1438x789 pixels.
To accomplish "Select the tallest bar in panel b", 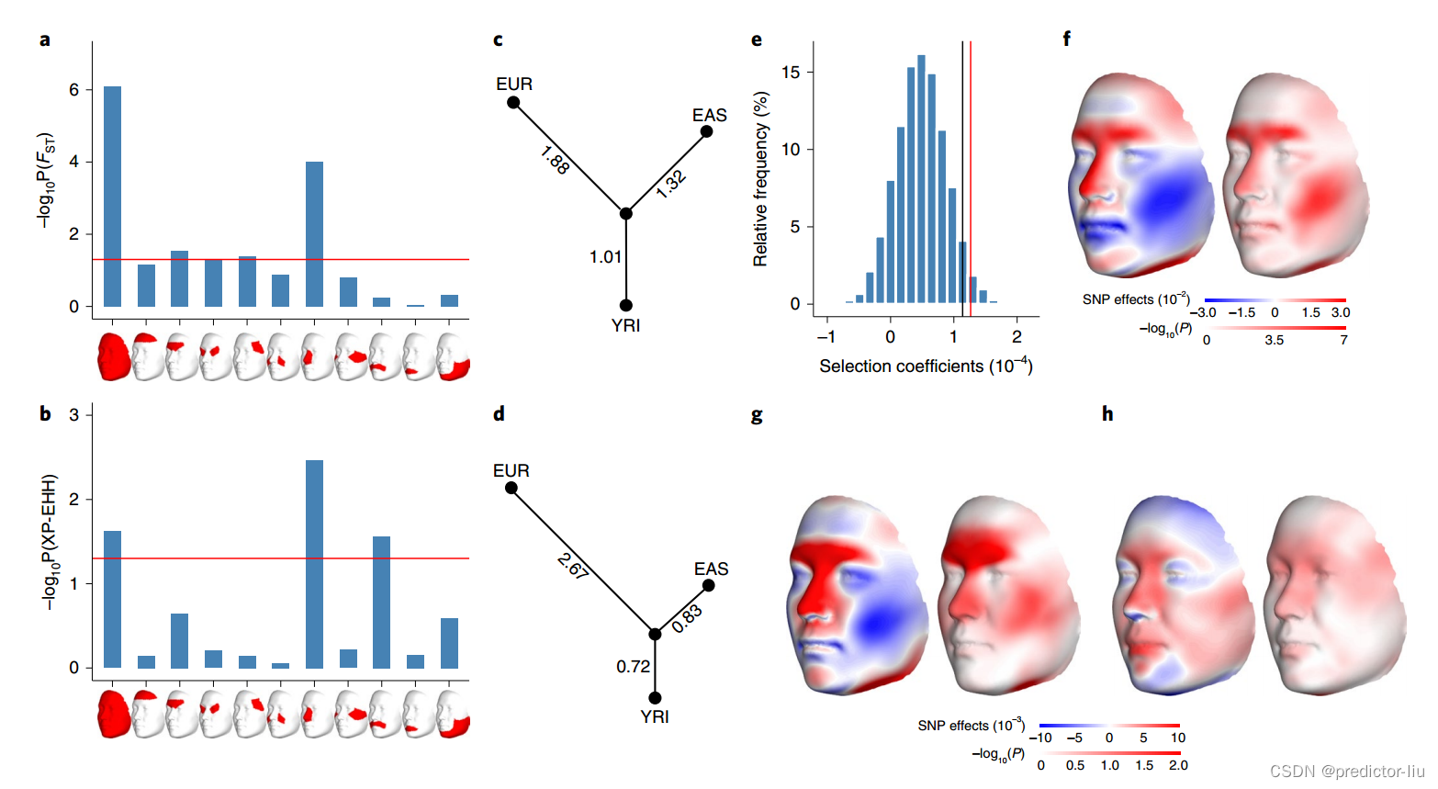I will click(x=314, y=564).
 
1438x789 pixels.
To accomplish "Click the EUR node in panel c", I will click(x=513, y=102).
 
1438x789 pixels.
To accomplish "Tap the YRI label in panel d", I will click(x=655, y=716).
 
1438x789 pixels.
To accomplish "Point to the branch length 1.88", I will click(x=556, y=161).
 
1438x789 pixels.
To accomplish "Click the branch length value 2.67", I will click(x=573, y=566).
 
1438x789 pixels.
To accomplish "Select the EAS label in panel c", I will click(x=709, y=115).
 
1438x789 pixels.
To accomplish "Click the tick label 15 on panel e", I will click(x=791, y=72).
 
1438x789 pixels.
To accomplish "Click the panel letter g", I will click(x=757, y=415).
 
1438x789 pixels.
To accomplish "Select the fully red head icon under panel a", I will click(x=113, y=356).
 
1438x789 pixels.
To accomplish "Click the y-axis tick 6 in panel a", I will click(x=74, y=89).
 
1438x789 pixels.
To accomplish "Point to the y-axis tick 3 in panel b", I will click(x=74, y=414).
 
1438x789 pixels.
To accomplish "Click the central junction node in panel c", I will click(x=625, y=213).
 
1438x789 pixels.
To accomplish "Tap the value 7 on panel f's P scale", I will click(x=1343, y=340).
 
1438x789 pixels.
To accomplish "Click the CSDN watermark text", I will click(x=1346, y=771).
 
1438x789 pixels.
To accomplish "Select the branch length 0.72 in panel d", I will click(x=633, y=666).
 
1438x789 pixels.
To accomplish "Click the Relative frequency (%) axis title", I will click(x=760, y=179).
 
